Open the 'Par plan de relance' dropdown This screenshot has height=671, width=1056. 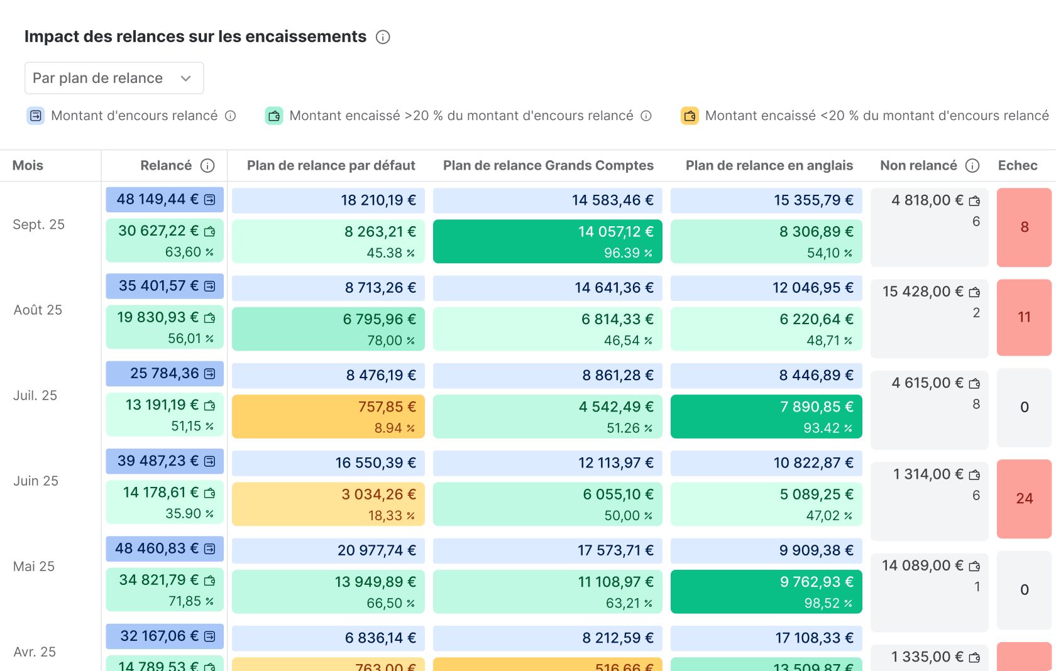point(114,78)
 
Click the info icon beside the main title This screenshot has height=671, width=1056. point(383,37)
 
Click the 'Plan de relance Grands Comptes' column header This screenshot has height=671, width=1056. point(548,165)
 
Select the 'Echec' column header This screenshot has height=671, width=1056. point(1017,165)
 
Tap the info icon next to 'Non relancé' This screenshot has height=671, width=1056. point(972,165)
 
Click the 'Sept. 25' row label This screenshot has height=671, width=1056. point(38,224)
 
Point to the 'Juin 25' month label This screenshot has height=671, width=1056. point(36,481)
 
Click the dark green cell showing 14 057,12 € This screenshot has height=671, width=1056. point(547,241)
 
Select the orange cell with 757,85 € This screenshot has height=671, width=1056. point(328,417)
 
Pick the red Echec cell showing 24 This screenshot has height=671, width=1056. point(1024,498)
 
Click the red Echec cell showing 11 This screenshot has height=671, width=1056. point(1024,317)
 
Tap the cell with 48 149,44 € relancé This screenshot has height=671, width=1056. point(165,199)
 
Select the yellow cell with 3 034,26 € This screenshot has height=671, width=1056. point(328,504)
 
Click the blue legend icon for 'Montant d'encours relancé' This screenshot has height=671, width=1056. point(36,116)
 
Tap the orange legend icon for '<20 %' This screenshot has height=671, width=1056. point(690,116)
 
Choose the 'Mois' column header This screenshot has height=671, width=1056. point(28,165)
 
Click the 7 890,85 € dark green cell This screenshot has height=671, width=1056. point(766,417)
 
